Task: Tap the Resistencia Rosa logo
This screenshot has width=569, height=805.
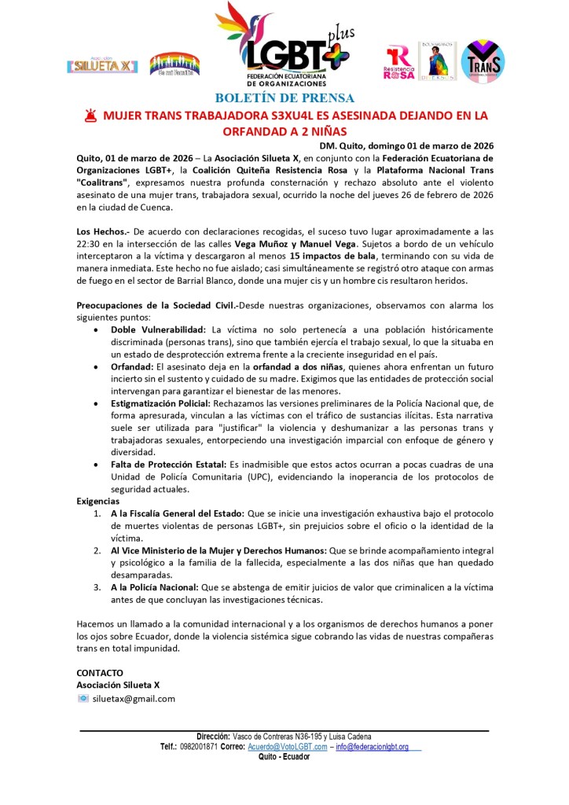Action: pos(399,62)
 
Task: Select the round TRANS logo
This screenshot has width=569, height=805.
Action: pos(483,61)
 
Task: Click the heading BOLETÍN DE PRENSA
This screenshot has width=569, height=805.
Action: pos(284,98)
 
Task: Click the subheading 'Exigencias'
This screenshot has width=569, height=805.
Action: pos(98,501)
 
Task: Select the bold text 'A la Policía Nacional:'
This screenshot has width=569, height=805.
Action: pos(155,586)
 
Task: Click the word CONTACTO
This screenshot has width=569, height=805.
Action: pos(100,673)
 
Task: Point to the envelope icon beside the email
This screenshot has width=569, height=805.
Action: pos(83,698)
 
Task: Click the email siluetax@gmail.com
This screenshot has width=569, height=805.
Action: pos(134,698)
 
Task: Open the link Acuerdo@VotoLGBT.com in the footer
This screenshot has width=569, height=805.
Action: pos(287,746)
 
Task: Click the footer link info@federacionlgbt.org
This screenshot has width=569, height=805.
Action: pos(372,746)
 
